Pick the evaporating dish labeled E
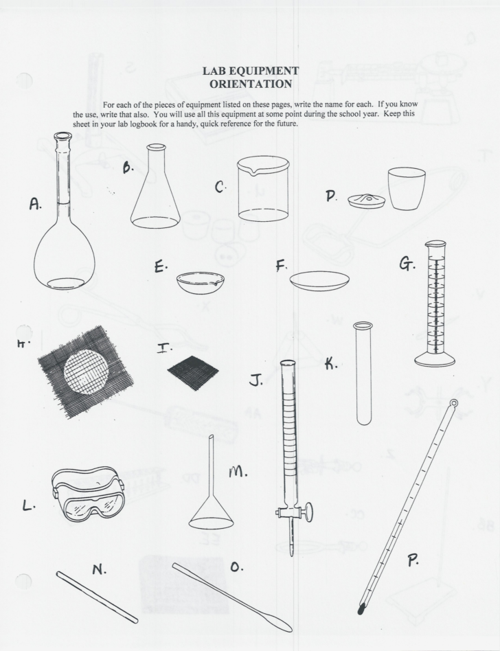[200, 282]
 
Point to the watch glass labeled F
[319, 280]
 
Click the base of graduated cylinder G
[435, 359]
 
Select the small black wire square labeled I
[192, 372]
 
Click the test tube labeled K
[363, 374]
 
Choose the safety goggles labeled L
[89, 494]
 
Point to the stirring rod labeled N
[97, 597]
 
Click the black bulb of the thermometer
[361, 608]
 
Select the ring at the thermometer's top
[453, 403]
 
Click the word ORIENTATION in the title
[251, 83]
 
